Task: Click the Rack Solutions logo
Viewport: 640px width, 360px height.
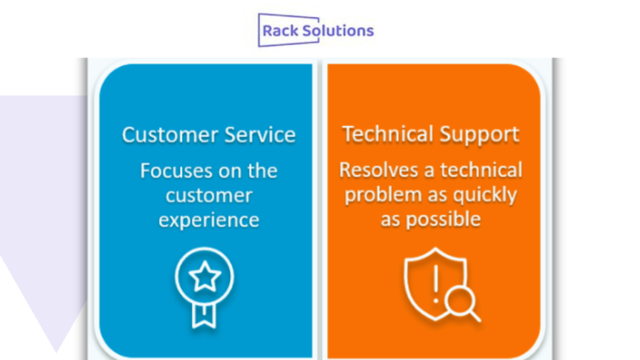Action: click(x=316, y=30)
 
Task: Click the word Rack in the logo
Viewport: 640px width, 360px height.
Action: click(x=281, y=31)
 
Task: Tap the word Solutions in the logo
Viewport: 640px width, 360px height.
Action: click(x=338, y=31)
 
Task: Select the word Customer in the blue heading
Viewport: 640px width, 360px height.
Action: click(x=171, y=135)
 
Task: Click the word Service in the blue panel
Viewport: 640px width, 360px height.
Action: click(x=260, y=135)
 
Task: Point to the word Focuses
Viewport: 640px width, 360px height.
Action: click(x=172, y=171)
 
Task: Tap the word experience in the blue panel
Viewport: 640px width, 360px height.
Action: click(x=209, y=221)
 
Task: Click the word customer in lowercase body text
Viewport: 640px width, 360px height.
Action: click(x=209, y=196)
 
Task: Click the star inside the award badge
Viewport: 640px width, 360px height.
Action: click(x=204, y=276)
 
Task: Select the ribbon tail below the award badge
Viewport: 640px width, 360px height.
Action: click(x=204, y=316)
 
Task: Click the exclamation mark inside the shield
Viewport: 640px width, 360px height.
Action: click(x=436, y=284)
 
